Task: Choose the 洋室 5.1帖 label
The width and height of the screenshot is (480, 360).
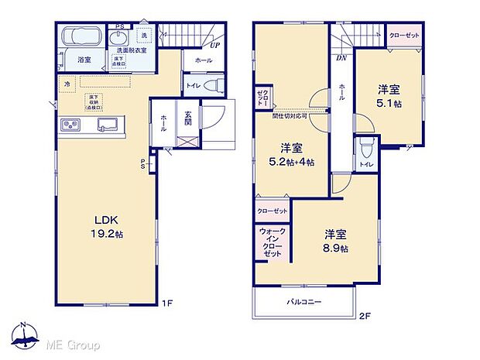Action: point(387,95)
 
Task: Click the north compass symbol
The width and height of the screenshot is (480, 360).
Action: point(24,334)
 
